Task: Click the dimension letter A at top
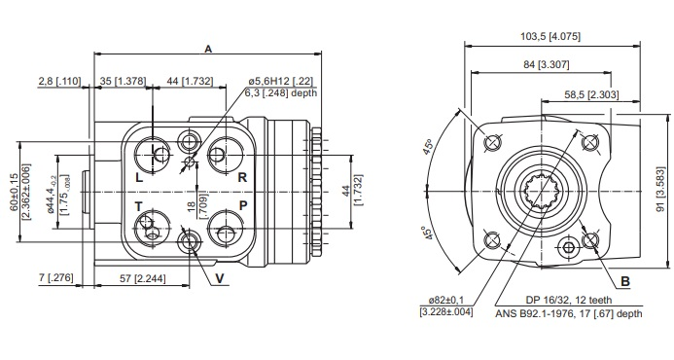[208, 49]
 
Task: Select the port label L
[139, 177]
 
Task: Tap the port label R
[242, 177]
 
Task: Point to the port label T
[138, 207]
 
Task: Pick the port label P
[243, 206]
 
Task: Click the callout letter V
[220, 279]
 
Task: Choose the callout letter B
[625, 282]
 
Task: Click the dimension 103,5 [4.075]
[550, 36]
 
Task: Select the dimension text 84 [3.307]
[546, 64]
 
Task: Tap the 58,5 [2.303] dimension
[591, 95]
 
